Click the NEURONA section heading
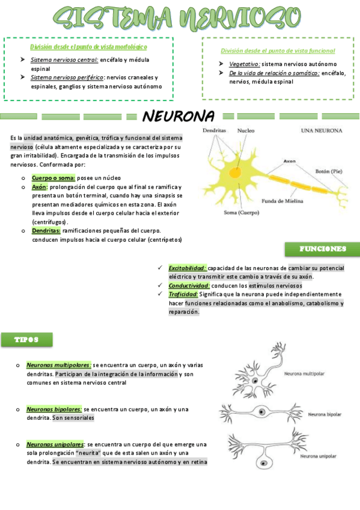(x=178, y=115)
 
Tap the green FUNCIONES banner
(x=322, y=249)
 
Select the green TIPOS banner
(x=26, y=340)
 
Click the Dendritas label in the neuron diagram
(x=215, y=131)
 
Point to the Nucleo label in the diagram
(x=246, y=131)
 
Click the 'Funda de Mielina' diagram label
(x=282, y=201)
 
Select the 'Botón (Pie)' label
(x=329, y=171)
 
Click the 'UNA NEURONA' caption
(x=322, y=131)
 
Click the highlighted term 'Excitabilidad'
(x=188, y=268)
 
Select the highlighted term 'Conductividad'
(x=189, y=286)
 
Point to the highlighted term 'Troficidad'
(x=183, y=294)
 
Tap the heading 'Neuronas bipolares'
(x=54, y=409)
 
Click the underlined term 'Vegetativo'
(x=244, y=64)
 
